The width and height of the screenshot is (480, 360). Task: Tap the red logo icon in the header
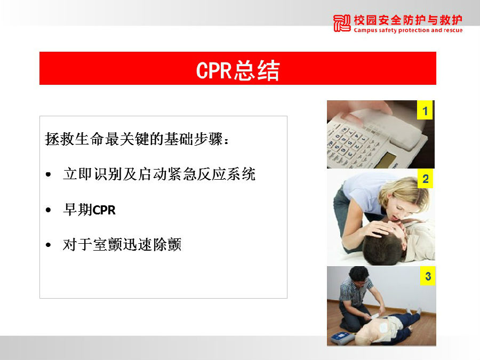[342, 23]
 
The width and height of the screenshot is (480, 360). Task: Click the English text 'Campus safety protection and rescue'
[408, 30]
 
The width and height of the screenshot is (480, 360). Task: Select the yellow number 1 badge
[425, 110]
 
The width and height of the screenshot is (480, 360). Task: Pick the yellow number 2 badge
[426, 179]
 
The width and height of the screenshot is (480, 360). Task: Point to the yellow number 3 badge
[428, 276]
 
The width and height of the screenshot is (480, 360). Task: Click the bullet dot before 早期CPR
[48, 210]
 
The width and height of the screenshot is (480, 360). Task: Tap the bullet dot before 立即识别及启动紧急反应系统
[48, 174]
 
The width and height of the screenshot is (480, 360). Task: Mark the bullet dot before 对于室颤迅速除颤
[48, 245]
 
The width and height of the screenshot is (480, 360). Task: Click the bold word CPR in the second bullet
[104, 210]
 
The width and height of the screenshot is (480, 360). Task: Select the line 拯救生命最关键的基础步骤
[137, 139]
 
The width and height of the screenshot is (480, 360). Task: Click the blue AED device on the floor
[342, 338]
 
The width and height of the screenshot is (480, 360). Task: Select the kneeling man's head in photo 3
[359, 276]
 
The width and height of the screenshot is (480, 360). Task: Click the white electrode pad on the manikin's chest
[383, 328]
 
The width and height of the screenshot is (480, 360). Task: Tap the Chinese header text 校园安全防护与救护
[408, 20]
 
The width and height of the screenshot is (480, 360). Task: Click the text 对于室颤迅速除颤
[122, 245]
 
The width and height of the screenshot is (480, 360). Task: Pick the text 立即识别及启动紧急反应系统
[159, 174]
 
